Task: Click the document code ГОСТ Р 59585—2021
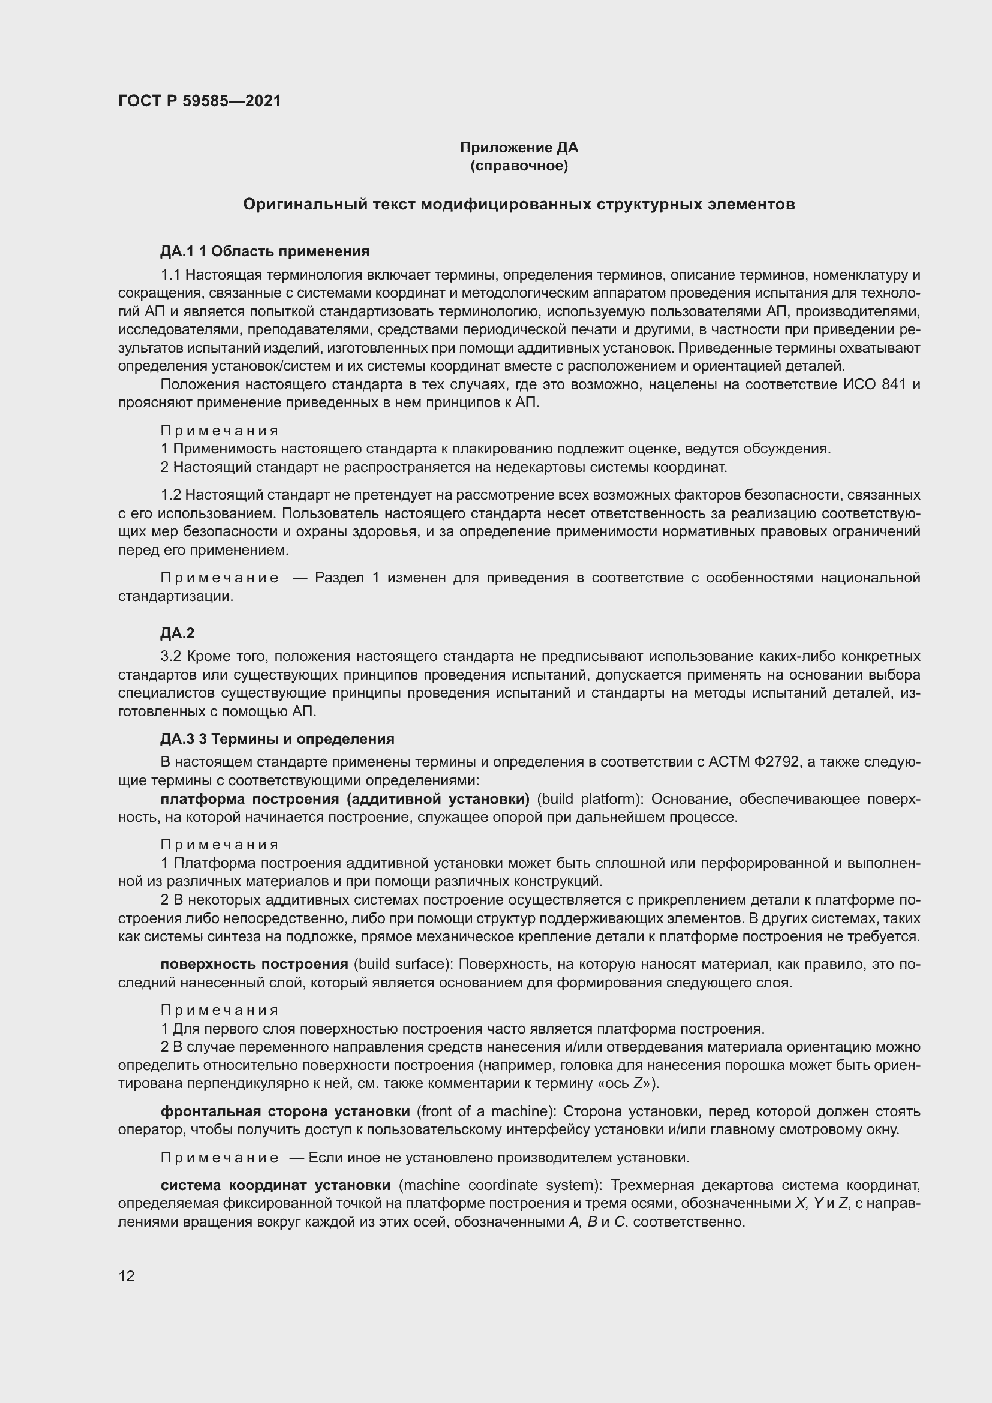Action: click(x=200, y=101)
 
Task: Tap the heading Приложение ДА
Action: click(x=519, y=148)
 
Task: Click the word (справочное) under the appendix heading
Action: click(x=519, y=166)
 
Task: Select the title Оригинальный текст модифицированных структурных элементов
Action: click(x=519, y=204)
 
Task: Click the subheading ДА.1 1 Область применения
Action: click(x=264, y=251)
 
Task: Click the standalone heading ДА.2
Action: click(x=177, y=633)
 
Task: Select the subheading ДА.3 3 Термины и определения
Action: click(x=277, y=739)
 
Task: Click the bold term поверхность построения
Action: click(x=254, y=965)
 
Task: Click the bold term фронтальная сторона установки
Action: click(x=285, y=1111)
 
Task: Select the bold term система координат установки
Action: click(x=275, y=1185)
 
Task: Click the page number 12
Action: click(x=127, y=1276)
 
